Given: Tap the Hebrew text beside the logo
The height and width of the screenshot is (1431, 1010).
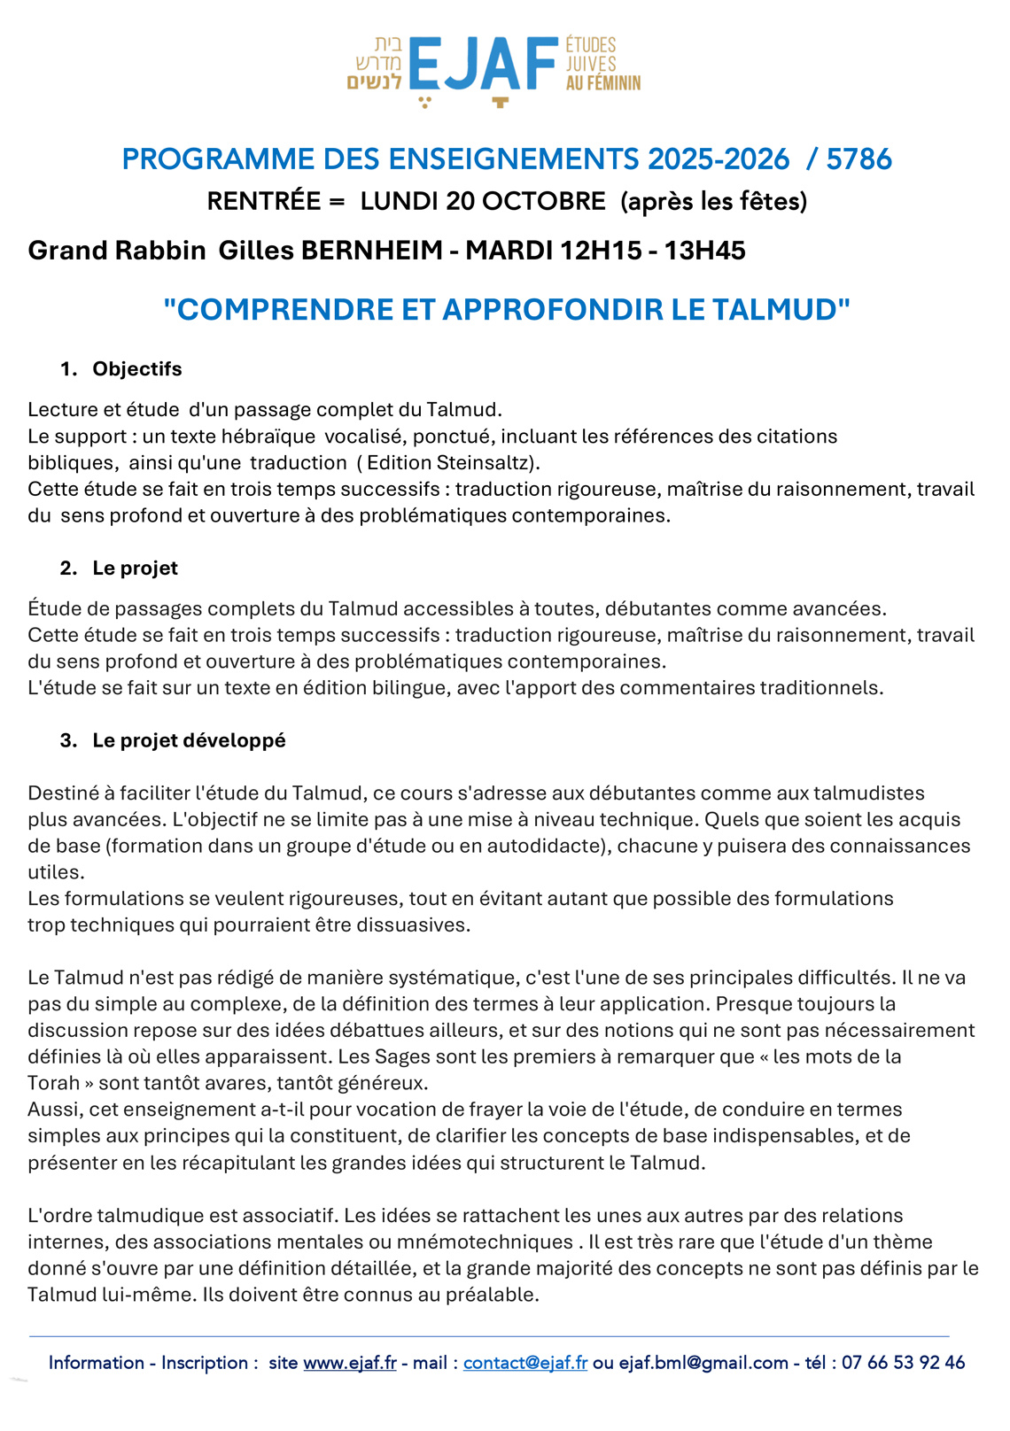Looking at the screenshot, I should pyautogui.click(x=376, y=63).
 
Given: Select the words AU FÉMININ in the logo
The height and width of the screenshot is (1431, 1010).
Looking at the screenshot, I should pyautogui.click(x=603, y=84).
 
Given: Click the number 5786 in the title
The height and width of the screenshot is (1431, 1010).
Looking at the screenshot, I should pyautogui.click(x=858, y=159).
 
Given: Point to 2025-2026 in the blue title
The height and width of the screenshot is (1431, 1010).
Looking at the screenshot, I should pyautogui.click(x=719, y=159).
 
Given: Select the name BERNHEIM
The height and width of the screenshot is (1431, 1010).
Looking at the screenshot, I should pyautogui.click(x=371, y=251).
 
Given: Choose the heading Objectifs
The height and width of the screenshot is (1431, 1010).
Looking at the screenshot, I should pyautogui.click(x=137, y=369).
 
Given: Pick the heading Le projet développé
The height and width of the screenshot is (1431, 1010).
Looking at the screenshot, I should pyautogui.click(x=189, y=740).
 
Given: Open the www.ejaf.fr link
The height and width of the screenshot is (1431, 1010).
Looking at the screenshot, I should pyautogui.click(x=350, y=1363).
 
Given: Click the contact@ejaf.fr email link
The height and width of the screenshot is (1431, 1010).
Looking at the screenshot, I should pyautogui.click(x=525, y=1363).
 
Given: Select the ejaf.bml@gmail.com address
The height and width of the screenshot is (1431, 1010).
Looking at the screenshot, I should pyautogui.click(x=703, y=1363).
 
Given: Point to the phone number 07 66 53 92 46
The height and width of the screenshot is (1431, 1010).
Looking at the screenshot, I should pyautogui.click(x=903, y=1363).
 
